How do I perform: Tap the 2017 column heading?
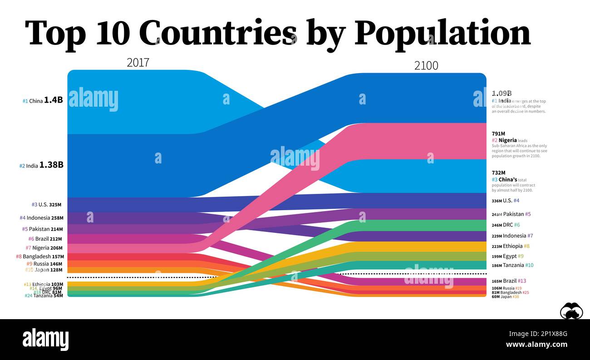point(138,63)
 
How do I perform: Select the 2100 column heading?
point(426,66)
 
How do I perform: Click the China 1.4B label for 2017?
point(43,101)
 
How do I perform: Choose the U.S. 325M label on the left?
point(46,205)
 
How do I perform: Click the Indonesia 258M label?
point(41,218)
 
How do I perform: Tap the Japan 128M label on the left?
point(43,270)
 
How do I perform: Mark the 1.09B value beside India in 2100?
point(502,94)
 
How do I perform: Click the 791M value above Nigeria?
point(498,133)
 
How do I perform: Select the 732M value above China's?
point(498,173)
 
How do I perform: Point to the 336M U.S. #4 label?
point(505,201)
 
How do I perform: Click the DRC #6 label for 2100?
point(506,225)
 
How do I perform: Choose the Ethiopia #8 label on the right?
point(510,246)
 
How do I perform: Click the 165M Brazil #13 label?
point(509,281)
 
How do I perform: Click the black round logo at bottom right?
point(571,311)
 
